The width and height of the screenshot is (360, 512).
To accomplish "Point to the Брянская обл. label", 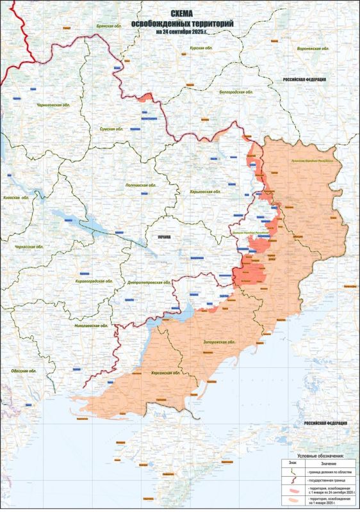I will [110, 26].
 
